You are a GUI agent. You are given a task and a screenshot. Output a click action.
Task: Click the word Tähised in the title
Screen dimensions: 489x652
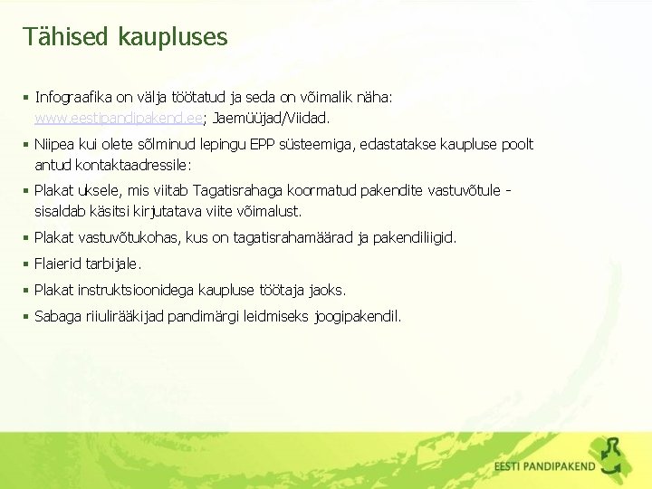(x=62, y=36)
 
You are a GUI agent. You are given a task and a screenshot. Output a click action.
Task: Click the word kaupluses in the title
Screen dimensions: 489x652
(x=171, y=37)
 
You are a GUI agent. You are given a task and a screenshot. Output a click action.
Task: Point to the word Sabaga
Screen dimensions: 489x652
(x=57, y=316)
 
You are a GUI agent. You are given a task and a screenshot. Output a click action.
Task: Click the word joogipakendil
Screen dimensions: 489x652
(x=358, y=316)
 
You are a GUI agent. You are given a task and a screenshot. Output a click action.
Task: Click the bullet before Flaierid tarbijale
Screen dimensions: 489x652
(x=27, y=264)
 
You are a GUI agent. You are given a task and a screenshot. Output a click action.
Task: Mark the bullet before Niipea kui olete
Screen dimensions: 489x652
(x=27, y=144)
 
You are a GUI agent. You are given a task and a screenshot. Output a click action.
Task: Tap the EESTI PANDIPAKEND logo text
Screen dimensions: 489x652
(x=545, y=467)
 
